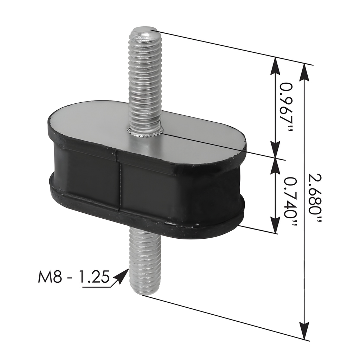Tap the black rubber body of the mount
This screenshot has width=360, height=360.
coord(176,190)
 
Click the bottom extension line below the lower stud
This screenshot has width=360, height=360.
coord(225,316)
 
